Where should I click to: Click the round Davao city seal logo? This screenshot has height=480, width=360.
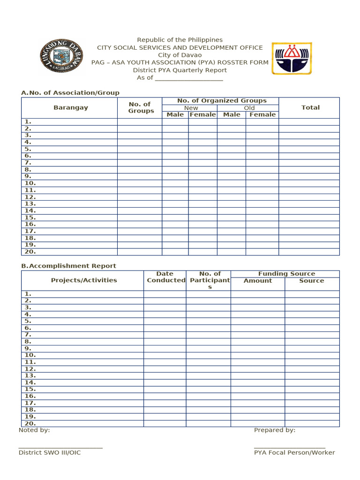click(x=61, y=56)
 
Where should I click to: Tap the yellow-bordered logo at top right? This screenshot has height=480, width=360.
click(x=292, y=59)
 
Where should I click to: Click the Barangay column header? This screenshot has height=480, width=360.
click(x=71, y=107)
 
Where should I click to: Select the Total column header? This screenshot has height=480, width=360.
click(x=310, y=107)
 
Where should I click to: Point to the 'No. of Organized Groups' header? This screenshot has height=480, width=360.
click(x=222, y=101)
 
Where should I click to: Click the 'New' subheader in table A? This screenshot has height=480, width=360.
click(x=191, y=108)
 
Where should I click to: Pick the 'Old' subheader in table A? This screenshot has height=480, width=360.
click(x=249, y=108)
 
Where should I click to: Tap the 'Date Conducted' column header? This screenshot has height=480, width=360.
click(x=165, y=277)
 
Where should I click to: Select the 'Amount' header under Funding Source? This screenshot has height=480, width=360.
click(x=258, y=281)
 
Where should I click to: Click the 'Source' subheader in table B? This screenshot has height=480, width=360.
click(x=312, y=281)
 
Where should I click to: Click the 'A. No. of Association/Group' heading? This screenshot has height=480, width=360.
click(x=70, y=93)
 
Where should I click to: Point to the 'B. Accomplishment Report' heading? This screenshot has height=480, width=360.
click(x=68, y=266)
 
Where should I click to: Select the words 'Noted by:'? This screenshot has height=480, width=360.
click(x=34, y=430)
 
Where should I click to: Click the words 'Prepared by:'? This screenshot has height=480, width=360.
click(x=275, y=430)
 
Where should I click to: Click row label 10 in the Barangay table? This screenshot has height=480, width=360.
click(x=30, y=183)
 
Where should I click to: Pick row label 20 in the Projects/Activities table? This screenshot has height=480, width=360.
click(x=30, y=423)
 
